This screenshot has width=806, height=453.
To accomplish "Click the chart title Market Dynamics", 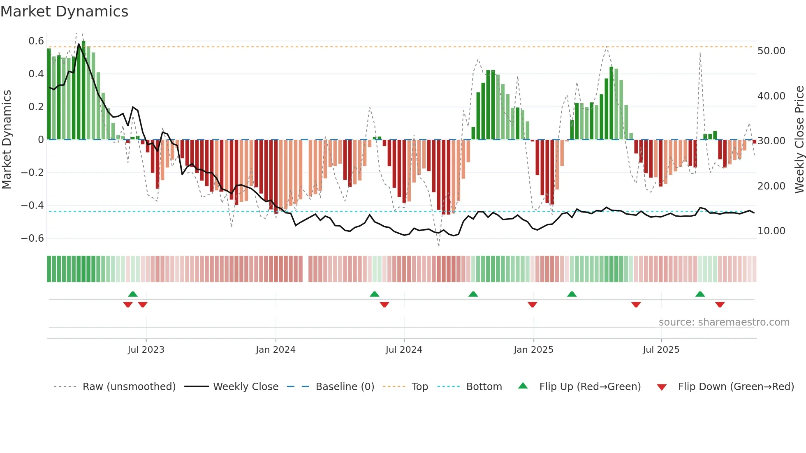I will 65,12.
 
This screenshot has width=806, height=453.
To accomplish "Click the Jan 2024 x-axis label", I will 276,350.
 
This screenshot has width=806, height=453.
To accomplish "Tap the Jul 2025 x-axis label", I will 661,350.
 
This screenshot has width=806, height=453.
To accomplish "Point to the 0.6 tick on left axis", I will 36,41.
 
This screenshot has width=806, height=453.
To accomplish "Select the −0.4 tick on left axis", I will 32,205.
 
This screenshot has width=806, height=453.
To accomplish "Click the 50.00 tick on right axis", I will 771,51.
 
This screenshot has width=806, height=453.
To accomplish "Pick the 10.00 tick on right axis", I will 771,231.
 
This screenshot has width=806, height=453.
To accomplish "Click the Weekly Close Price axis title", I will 799,140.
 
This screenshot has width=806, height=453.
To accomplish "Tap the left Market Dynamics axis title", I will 7,140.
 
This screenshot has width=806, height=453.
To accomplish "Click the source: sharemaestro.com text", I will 724,322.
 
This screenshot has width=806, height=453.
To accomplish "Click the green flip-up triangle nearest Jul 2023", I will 133,294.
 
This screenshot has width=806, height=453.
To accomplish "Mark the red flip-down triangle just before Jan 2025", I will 532,305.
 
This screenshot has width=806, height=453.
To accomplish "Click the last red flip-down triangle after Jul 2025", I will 720,305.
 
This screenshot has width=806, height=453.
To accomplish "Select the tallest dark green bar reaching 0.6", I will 83,90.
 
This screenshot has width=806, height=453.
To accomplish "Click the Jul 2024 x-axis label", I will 404,350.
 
